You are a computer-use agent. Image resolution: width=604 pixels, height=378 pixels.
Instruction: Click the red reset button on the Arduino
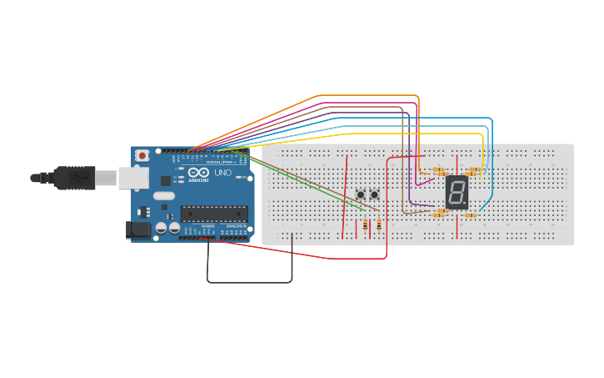[142, 155]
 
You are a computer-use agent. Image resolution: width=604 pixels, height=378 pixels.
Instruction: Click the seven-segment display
[457, 192]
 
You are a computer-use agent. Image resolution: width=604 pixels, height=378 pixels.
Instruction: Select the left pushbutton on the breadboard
[361, 194]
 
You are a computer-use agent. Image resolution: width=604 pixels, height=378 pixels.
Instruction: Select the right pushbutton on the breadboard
[374, 194]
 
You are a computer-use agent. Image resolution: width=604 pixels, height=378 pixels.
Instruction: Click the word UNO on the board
[223, 174]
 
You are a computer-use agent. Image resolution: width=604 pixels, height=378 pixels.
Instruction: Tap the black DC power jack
[137, 229]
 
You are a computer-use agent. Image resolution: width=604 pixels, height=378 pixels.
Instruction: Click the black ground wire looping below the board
[250, 282]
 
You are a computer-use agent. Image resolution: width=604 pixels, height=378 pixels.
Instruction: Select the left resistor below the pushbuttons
[366, 224]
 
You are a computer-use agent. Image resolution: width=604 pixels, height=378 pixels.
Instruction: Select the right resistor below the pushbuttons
[379, 224]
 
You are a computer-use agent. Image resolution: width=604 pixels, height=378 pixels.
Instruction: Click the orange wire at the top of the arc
[367, 96]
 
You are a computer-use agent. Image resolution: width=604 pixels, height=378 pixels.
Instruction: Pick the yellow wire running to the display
[400, 134]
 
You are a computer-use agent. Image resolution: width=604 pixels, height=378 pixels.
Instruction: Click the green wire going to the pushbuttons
[300, 179]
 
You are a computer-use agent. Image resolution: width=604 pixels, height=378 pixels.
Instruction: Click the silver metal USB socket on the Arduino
[133, 177]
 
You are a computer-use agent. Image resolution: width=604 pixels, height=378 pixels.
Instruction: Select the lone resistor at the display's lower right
[470, 215]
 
